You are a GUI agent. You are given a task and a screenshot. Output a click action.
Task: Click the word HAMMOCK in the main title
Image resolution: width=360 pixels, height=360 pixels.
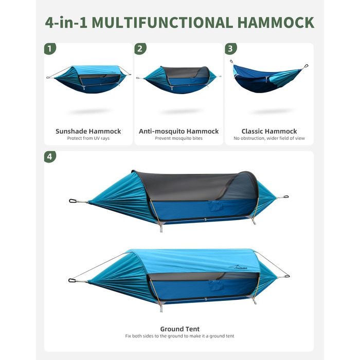[276, 23]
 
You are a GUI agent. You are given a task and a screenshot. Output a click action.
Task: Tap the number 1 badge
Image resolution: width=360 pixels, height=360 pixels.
[50, 49]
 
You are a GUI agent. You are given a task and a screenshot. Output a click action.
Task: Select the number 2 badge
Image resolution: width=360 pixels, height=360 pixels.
[140, 49]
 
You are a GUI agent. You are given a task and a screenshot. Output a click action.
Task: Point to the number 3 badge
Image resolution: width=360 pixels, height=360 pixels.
[231, 49]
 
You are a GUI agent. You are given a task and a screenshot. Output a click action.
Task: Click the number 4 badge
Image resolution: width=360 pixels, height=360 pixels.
[50, 156]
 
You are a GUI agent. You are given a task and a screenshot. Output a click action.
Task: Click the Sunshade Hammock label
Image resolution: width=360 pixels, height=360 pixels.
[88, 131]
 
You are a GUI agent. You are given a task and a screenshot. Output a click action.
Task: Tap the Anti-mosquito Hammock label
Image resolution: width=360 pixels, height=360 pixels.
[178, 131]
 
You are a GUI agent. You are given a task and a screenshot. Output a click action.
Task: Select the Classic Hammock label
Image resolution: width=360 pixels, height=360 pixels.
[269, 131]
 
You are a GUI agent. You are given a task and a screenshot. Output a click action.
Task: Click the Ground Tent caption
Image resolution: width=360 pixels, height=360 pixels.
[180, 329]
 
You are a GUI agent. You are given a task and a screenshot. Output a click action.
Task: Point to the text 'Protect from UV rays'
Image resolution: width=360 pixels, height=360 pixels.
[88, 138]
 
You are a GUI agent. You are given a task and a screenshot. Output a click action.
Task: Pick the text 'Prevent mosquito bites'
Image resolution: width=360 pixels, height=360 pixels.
[178, 138]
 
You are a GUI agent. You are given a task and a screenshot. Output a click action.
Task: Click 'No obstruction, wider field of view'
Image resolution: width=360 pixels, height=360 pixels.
[269, 138]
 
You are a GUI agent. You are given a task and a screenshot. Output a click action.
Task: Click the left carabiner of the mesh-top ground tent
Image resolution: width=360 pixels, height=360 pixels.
[73, 201]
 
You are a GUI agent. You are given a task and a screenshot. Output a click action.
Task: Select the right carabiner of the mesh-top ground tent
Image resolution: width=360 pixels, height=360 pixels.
[285, 197]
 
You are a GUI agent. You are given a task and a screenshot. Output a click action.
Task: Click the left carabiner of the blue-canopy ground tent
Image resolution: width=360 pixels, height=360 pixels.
[72, 280]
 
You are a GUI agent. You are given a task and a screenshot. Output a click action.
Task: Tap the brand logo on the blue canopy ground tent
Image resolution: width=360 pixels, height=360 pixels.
[238, 267]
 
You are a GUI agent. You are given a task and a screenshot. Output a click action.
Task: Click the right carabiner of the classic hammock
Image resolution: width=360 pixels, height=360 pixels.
[306, 66]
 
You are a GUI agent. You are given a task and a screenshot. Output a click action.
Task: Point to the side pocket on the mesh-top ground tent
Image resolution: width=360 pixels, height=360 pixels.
[215, 206]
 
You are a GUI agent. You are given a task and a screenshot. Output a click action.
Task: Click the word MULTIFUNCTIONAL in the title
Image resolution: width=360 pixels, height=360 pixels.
[163, 23]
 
